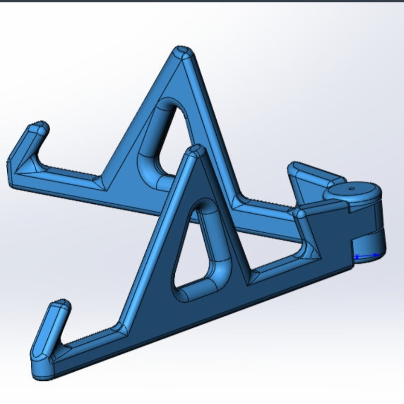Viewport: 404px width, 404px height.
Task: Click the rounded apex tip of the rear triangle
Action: [183, 52]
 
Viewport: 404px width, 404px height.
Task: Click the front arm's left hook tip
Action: [61, 306]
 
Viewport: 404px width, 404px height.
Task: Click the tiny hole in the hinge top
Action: [351, 189]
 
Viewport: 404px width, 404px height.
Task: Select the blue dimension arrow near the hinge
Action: [367, 256]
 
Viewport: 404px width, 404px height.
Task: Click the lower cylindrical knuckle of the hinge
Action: [369, 244]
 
